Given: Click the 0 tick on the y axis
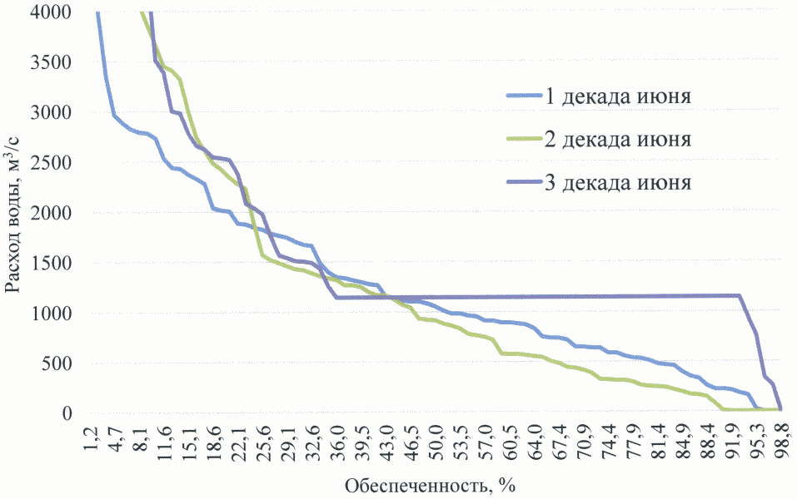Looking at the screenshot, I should click(68, 413).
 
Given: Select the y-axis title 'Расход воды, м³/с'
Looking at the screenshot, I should click(14, 212).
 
